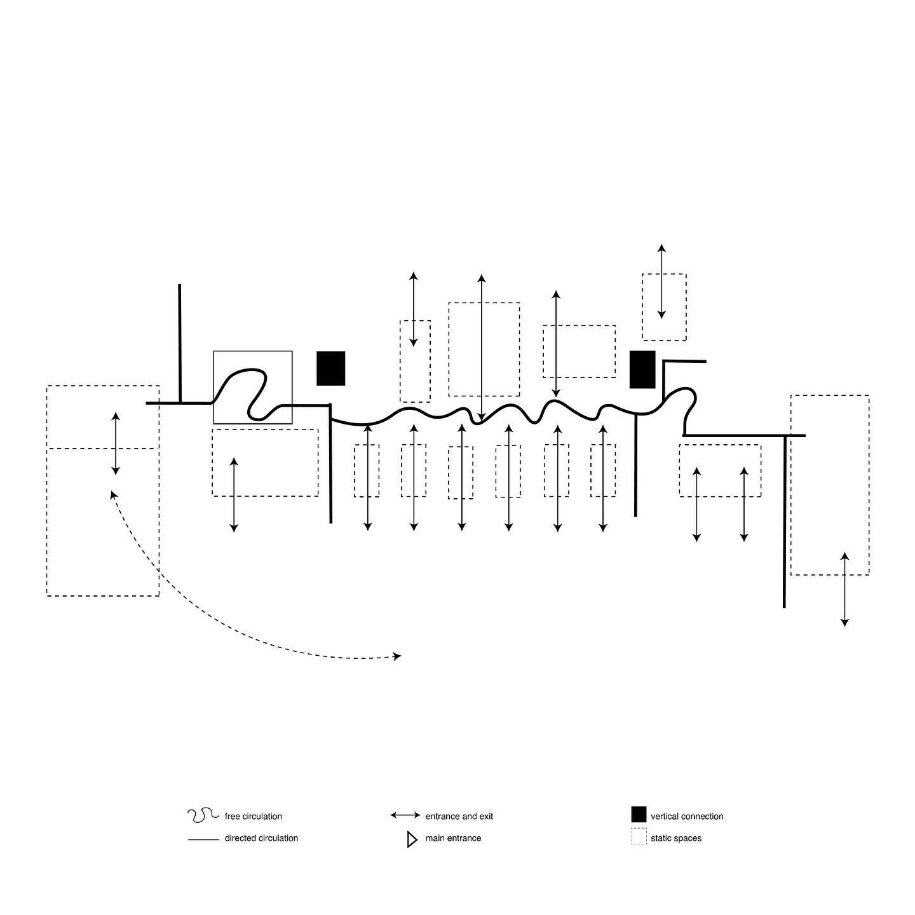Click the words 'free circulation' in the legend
tap(253, 817)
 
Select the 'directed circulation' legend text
tap(261, 838)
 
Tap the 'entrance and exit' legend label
tap(459, 817)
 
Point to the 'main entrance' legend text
tap(453, 838)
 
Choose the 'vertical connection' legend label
tap(687, 817)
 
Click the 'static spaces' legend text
tap(676, 838)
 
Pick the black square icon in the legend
tap(639, 814)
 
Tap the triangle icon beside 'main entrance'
tap(412, 839)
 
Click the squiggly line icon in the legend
tap(203, 815)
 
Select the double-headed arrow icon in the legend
tap(405, 815)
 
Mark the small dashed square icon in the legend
tap(639, 836)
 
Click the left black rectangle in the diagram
tap(331, 369)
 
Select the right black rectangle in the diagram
tap(642, 369)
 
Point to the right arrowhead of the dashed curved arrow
tap(398, 656)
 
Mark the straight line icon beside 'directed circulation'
tap(203, 840)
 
